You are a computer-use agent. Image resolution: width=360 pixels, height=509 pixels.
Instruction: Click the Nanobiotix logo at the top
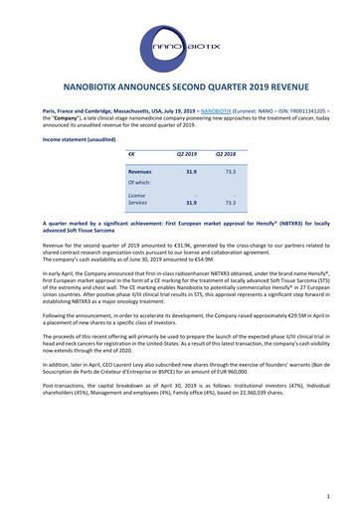[180, 45]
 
